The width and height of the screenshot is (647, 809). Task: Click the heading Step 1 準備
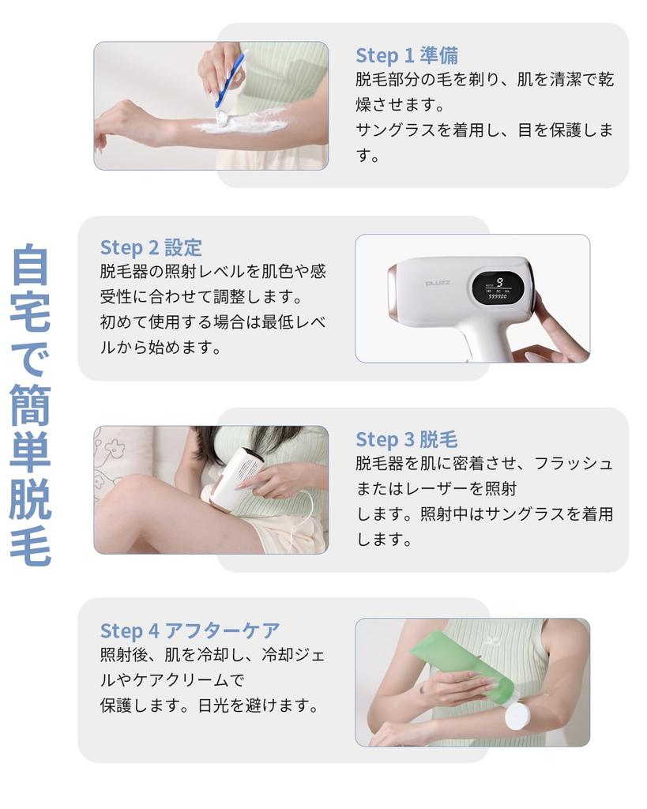coord(406,55)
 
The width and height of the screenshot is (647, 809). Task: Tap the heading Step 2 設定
coord(151,247)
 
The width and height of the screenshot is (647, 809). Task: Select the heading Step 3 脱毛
coord(406,439)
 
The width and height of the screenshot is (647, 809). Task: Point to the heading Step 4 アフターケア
coord(190,630)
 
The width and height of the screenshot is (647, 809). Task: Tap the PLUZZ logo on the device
coord(438,282)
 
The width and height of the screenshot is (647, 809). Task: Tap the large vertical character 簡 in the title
coord(31,408)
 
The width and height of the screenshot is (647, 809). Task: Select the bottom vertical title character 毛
coord(31,546)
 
